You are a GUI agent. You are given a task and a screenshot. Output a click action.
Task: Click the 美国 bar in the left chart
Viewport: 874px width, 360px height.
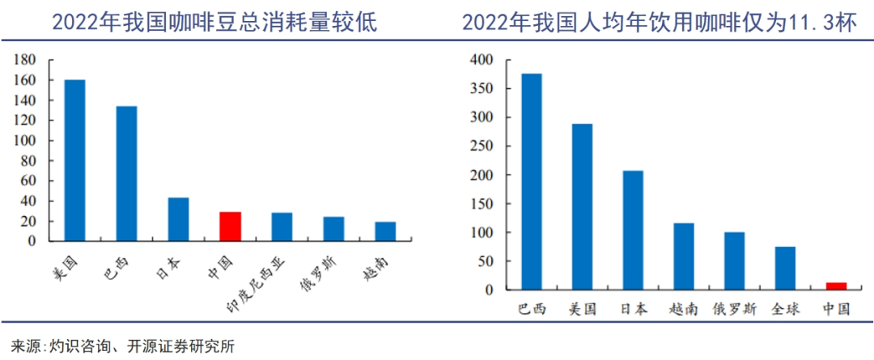pos(74,160)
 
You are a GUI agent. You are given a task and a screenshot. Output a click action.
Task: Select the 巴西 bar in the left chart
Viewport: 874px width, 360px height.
pos(126,174)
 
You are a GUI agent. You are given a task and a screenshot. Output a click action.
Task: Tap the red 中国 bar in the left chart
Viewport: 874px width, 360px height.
pos(230,227)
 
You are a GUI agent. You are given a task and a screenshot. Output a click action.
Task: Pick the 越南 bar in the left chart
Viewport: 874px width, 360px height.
pos(385,231)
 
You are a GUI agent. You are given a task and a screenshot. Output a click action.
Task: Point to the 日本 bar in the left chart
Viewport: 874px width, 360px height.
pos(178,219)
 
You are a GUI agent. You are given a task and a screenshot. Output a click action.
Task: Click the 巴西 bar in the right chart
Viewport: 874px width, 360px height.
pos(532,181)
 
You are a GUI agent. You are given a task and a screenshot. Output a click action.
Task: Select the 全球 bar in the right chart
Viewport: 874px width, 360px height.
pos(785,268)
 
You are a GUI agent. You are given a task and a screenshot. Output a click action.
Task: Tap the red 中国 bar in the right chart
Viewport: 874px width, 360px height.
pos(836,286)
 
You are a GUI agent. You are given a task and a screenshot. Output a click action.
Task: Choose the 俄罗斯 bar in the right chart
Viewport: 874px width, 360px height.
pos(734,260)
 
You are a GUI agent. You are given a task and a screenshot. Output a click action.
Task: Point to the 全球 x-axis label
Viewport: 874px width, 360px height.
pos(785,309)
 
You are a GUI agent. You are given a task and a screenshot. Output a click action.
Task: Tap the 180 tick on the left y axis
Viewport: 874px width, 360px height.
pos(26,60)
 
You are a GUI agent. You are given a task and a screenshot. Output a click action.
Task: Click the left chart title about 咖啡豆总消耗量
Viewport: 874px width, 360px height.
pos(214,22)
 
